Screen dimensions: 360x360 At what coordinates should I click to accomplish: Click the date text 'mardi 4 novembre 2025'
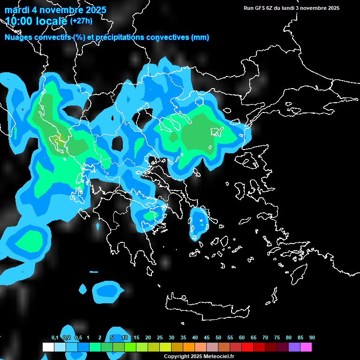55,10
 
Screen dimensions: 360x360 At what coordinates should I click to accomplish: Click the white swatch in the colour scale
48,347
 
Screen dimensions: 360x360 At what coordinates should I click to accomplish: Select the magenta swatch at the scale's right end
306,347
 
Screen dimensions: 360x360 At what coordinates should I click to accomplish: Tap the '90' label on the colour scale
312,338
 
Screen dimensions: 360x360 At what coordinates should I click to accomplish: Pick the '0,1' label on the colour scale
54,338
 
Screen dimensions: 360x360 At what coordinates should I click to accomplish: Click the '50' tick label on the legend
218,338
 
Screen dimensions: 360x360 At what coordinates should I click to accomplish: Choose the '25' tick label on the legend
160,338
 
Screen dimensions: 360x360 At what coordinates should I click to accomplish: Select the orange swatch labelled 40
188,347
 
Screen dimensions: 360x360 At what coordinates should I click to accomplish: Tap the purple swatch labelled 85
294,347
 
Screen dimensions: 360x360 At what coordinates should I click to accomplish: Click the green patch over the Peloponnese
150,216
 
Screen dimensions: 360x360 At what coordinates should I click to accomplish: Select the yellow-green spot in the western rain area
58,139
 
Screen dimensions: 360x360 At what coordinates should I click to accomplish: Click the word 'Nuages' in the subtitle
18,37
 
